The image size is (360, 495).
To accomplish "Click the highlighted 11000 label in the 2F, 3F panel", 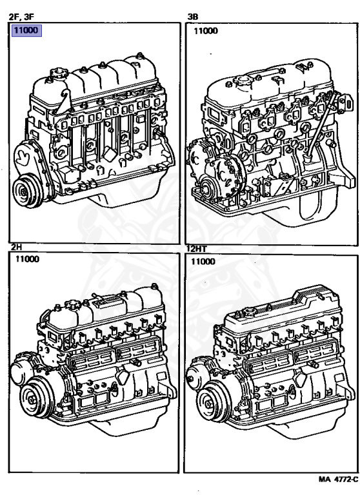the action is [26, 31].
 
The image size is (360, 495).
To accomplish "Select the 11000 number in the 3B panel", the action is [206, 31].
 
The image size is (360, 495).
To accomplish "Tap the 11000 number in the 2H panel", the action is [28, 259].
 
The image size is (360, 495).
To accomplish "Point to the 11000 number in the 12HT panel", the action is [203, 262].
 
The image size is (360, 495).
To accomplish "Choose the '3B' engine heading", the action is [193, 17].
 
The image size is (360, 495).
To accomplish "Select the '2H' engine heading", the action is [17, 247].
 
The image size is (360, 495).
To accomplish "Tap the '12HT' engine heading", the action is [197, 249].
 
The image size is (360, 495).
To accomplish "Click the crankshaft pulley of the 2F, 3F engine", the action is [28, 191].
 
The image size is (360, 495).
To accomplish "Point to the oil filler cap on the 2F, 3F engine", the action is [58, 73].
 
